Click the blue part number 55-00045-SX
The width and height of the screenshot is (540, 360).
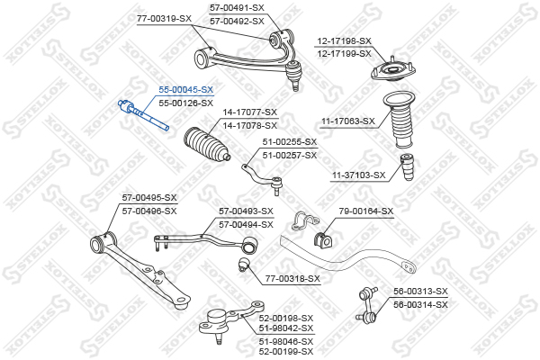pos(185,90)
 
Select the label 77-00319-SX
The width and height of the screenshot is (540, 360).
pos(164,18)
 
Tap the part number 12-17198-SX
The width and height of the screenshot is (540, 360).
pos(343,41)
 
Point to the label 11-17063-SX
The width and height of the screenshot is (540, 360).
pos(346,120)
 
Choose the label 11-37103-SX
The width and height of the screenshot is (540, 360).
pos(358,175)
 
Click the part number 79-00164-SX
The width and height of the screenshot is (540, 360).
pos(365,211)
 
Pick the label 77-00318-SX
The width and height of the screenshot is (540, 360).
pos(292,278)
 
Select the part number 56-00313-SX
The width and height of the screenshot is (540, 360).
pos(419,292)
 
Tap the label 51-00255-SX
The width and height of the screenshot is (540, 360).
pos(290,142)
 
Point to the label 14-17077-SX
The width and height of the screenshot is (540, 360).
pos(250,112)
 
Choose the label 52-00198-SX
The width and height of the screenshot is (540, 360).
pos(286,318)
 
